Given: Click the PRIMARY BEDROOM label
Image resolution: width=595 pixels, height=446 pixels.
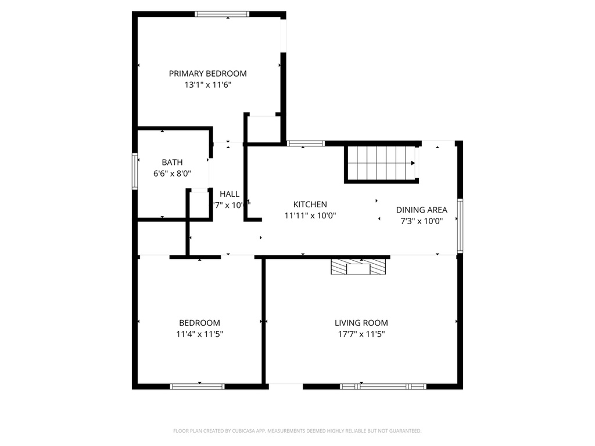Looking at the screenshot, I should pos(207,74).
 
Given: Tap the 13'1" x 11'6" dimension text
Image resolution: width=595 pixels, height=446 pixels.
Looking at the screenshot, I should pos(207,85).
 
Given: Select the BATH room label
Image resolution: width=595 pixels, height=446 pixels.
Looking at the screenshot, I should pos(172,163).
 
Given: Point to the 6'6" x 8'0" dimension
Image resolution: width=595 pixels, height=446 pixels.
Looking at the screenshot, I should pos(172,173).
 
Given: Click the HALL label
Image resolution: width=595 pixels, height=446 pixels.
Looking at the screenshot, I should pos(230,194).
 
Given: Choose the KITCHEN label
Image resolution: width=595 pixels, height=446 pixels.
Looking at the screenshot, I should pos(310,204).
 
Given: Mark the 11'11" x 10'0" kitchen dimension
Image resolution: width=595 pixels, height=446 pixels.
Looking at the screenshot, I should pos(310,215).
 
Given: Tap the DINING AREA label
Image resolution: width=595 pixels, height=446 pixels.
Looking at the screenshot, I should pos(421,210).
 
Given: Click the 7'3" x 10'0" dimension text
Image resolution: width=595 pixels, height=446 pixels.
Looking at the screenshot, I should pos(421,221).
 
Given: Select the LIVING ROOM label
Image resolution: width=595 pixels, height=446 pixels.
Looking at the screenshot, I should pos(361,323).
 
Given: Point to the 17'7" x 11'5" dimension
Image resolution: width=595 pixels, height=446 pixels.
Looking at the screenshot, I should pos(361,334).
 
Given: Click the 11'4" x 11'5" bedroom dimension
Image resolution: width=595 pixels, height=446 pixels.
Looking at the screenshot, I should pos(199,334).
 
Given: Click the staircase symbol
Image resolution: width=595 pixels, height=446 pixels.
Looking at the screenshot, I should pos(381,164).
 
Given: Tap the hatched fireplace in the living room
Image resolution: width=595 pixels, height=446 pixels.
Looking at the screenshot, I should pos(358,267).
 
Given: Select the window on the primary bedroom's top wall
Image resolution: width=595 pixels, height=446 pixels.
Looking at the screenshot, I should pos(222,14).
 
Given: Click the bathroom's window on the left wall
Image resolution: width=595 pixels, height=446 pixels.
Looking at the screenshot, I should pos(135,171).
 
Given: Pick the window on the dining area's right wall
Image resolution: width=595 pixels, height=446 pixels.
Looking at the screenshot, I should pos(460,226).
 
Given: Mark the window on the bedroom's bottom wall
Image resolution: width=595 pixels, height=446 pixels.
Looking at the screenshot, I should pos(197,386).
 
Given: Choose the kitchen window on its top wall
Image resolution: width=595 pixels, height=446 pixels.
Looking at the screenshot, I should pos(306,143).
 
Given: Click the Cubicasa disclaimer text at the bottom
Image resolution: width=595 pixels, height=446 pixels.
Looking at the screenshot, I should pos(297,431).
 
